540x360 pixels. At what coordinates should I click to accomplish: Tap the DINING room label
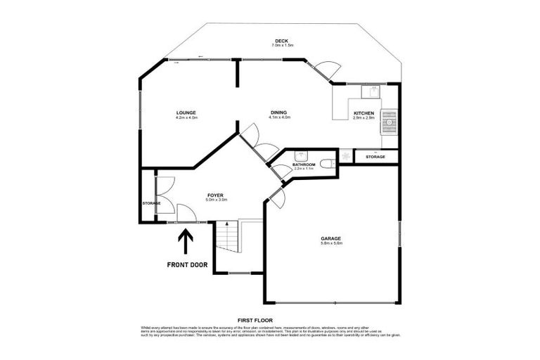(x=279, y=112)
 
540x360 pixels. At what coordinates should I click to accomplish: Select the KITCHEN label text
(x=364, y=112)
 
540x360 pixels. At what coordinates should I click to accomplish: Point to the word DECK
(x=282, y=40)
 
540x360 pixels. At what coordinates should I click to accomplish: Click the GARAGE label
(x=330, y=238)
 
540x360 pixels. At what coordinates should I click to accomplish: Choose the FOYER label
(x=216, y=195)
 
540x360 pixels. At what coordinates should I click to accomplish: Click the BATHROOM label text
(x=304, y=165)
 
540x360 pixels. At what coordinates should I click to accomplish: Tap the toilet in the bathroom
(x=327, y=164)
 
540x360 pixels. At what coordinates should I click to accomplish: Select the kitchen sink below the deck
(x=371, y=91)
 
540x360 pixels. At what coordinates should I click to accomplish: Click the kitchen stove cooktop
(x=389, y=121)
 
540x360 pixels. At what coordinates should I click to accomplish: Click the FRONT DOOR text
(x=186, y=265)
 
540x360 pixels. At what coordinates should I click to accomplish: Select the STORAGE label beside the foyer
(x=151, y=203)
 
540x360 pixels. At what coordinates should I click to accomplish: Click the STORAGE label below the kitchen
(x=375, y=157)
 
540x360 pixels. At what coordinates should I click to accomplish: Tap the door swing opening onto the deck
(x=325, y=71)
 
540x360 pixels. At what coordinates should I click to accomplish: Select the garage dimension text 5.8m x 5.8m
(x=330, y=244)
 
